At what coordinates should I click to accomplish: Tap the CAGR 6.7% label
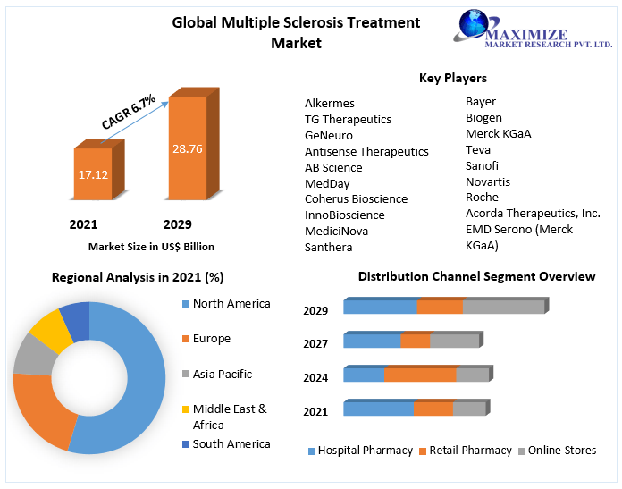(x=129, y=112)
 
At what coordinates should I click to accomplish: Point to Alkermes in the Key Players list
(x=330, y=104)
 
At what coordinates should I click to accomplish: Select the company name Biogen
(x=483, y=118)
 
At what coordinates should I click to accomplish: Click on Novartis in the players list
(x=488, y=181)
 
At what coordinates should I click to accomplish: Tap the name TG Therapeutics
(x=348, y=120)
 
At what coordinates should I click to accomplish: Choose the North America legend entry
(x=231, y=304)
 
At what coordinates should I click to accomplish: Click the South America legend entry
(x=231, y=444)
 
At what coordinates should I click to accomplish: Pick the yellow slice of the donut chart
(x=51, y=331)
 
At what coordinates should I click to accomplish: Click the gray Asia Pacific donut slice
(x=33, y=354)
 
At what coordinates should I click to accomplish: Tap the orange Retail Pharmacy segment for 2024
(x=419, y=375)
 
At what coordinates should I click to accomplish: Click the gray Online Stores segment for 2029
(x=503, y=307)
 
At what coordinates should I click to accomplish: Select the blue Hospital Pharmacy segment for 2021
(x=378, y=409)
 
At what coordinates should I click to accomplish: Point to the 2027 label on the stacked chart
(x=315, y=343)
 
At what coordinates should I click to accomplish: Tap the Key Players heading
(x=453, y=79)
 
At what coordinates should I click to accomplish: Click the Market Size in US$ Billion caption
(x=151, y=247)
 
